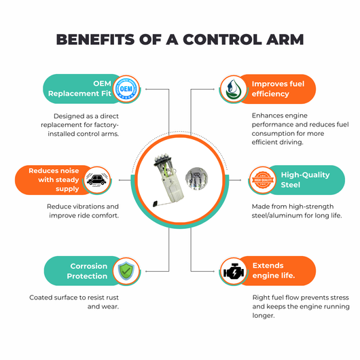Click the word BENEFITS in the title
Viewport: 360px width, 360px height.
95,39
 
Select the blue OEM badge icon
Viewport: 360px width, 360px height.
126,88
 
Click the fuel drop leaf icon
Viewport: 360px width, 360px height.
233,89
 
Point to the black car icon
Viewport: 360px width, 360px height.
97,180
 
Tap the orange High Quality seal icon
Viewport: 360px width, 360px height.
263,180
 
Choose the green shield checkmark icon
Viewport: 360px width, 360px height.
126,271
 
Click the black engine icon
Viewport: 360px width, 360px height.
234,272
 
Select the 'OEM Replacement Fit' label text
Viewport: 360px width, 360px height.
79,88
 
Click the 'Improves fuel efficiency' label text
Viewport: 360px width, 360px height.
278,89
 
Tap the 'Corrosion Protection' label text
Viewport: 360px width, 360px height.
87,271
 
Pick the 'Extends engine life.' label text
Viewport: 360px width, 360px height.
274,270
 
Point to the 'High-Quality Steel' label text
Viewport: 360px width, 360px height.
306,180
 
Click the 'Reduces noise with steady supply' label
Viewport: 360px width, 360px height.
54,180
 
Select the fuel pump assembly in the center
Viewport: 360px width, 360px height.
168,180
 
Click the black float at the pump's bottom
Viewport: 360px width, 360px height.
156,204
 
